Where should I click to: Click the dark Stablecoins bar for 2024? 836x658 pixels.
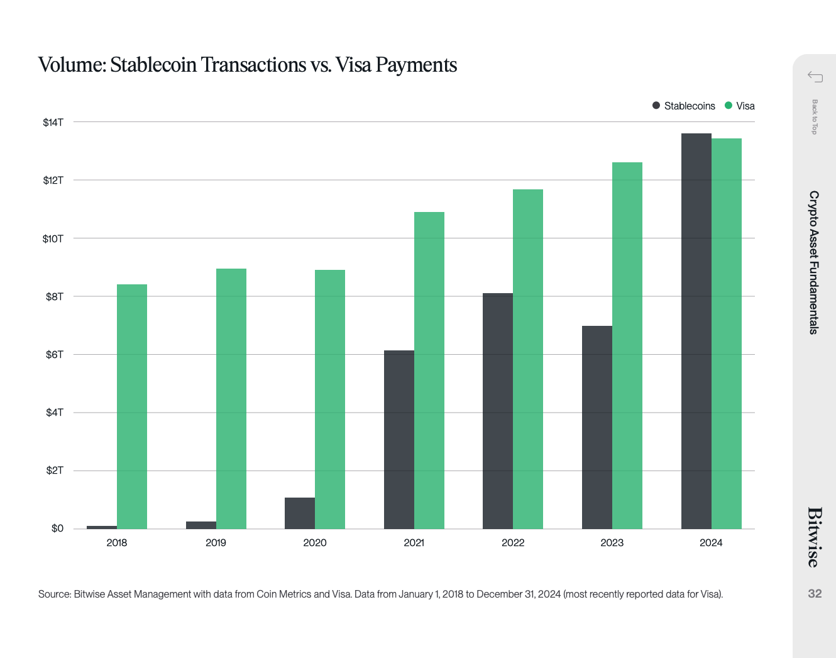point(696,331)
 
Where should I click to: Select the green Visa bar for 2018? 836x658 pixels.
point(132,406)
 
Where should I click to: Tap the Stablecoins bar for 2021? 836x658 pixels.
point(399,439)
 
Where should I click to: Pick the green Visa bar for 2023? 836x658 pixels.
point(627,345)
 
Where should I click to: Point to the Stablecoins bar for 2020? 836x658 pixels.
point(300,513)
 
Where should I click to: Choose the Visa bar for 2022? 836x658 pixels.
point(528,359)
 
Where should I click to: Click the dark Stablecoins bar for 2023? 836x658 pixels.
point(597,427)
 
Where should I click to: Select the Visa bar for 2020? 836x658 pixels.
point(330,399)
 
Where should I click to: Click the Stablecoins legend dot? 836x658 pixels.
point(656,106)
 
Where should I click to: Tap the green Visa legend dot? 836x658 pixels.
point(729,106)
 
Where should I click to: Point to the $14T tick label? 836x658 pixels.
point(53,122)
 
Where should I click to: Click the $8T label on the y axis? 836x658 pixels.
point(55,296)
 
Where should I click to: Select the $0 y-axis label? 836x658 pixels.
point(57,528)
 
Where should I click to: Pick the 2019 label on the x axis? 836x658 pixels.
point(216,543)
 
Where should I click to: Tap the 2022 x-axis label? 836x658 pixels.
point(513,543)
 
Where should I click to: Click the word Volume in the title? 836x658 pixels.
point(72,65)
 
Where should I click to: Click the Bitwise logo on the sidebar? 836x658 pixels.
point(815,537)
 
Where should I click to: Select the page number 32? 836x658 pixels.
point(815,594)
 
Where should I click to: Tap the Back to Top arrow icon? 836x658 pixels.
point(815,77)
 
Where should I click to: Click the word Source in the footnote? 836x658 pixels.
point(54,594)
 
